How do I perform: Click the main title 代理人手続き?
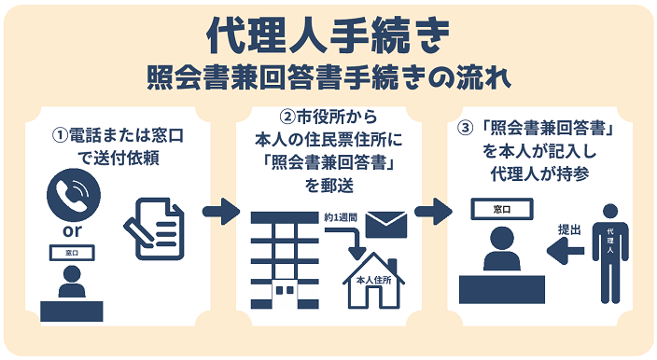pos(328,35)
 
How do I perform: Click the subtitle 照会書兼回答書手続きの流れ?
pos(328,76)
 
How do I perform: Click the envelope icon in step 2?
pos(385,224)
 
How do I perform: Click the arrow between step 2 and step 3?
pos(433,212)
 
